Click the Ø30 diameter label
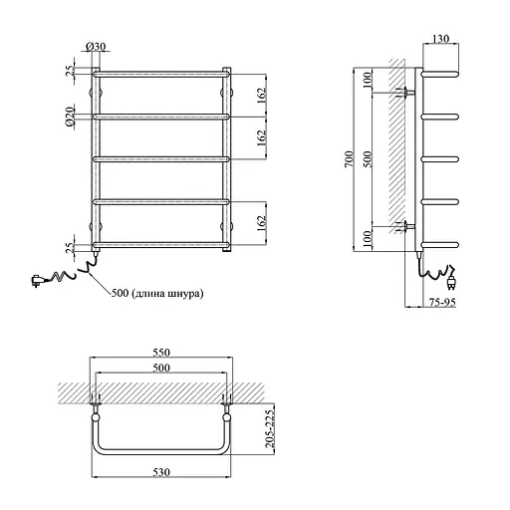(96, 47)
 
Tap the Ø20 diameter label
(70, 117)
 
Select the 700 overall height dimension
(350, 159)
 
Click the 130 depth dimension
(441, 39)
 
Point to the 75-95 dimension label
(442, 302)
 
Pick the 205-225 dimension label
(271, 429)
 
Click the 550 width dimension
(161, 352)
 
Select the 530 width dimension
(161, 472)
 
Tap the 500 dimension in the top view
(161, 368)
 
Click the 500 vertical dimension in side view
(368, 159)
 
